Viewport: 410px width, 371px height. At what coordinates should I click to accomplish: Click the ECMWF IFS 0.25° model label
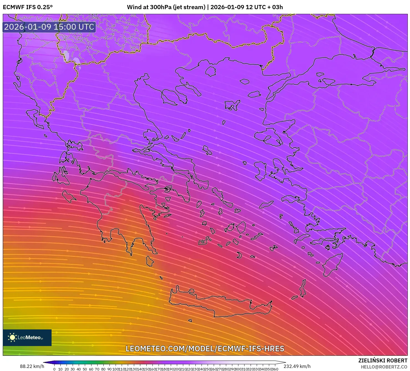27,7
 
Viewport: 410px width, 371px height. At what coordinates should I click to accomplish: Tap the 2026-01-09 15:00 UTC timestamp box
49,27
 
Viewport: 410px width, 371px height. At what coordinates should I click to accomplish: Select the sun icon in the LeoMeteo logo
12,337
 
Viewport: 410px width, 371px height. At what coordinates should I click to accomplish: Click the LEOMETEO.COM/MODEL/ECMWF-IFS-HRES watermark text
205,349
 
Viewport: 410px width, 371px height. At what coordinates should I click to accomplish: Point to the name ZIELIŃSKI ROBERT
383,361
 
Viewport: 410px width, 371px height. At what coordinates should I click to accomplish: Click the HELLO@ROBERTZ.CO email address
384,367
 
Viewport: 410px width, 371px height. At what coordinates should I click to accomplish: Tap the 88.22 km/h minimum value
32,366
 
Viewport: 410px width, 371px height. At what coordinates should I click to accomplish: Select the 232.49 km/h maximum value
297,366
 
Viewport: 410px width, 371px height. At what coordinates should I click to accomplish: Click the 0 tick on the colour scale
54,369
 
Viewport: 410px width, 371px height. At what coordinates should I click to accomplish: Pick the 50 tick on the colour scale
85,369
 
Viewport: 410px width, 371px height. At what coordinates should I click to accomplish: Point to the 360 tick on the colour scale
275,369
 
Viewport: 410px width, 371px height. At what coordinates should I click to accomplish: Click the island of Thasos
210,71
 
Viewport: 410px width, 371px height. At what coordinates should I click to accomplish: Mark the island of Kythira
150,261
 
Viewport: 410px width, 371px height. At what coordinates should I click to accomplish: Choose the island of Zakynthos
68,196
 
